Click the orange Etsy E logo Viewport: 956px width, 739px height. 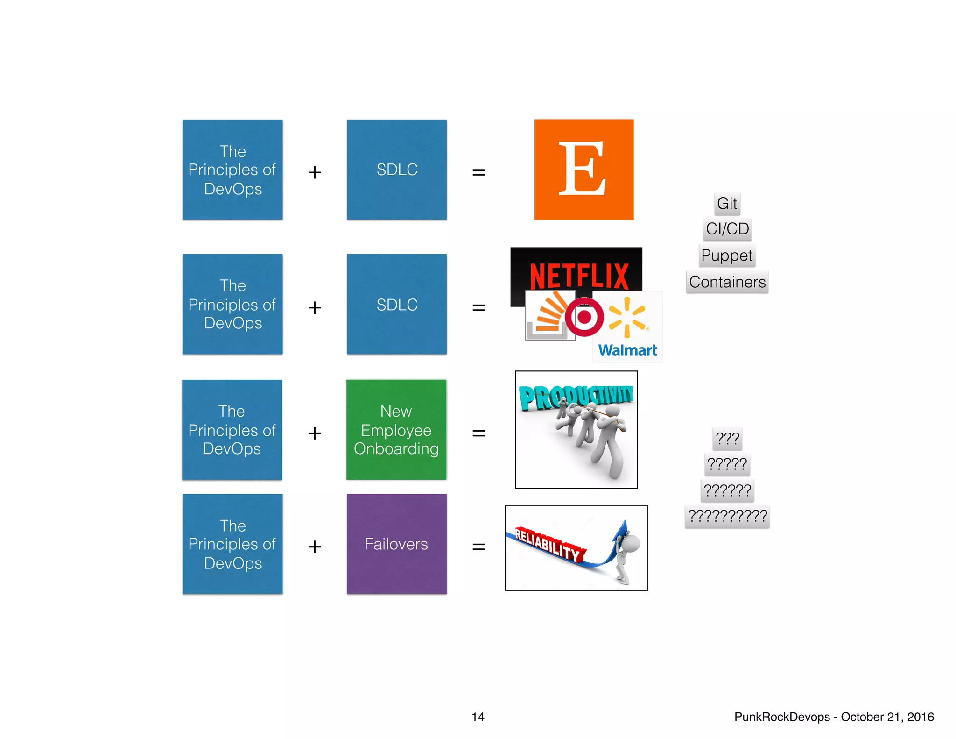(x=583, y=169)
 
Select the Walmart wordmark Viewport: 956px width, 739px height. (x=627, y=350)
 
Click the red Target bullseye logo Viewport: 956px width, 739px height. (x=584, y=317)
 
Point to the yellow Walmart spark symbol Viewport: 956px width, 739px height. (x=627, y=317)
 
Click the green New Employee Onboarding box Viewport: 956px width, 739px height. (x=396, y=430)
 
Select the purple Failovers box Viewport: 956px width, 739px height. (x=396, y=544)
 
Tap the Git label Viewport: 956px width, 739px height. (x=727, y=204)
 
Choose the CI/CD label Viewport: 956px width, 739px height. (x=727, y=229)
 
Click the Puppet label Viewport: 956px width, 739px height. (x=727, y=256)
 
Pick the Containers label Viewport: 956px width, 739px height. (x=727, y=282)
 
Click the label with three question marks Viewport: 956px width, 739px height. (x=727, y=439)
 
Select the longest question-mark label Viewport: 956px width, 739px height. (x=727, y=516)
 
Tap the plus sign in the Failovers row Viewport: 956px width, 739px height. (x=315, y=547)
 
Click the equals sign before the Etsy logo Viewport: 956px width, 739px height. (x=479, y=172)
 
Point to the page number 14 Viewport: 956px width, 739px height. (x=478, y=717)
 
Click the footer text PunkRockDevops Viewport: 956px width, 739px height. (x=782, y=717)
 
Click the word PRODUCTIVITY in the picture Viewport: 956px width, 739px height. (x=576, y=397)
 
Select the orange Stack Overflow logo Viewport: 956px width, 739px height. (x=548, y=314)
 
